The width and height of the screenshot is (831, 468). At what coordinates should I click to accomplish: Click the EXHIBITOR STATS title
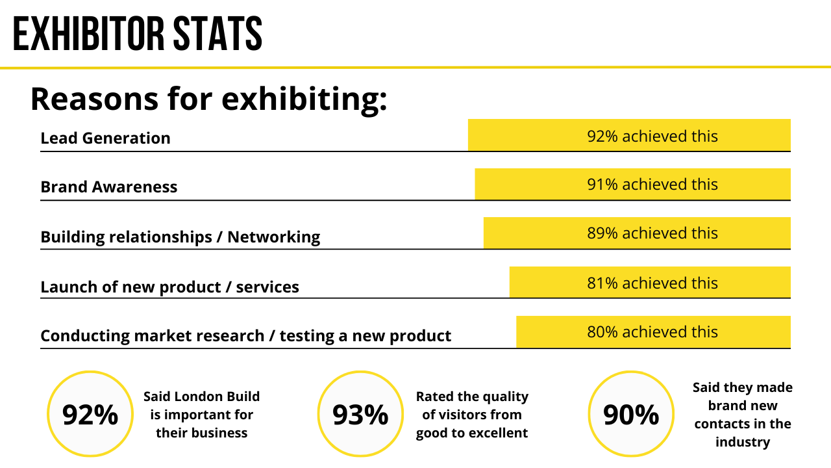pyautogui.click(x=138, y=34)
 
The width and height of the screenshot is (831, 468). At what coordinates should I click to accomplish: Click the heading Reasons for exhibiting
pyautogui.click(x=208, y=99)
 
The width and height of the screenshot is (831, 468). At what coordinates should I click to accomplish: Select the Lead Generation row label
pyautogui.click(x=105, y=138)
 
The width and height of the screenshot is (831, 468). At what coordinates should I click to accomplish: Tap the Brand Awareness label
pyautogui.click(x=108, y=187)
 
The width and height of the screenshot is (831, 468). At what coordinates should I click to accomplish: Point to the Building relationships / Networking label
pyautogui.click(x=180, y=237)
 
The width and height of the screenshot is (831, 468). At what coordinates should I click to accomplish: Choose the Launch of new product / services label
pyautogui.click(x=169, y=287)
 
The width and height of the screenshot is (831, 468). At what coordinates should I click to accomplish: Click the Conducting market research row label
pyautogui.click(x=245, y=335)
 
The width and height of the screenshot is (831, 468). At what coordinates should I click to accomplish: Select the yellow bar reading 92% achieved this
pyautogui.click(x=628, y=135)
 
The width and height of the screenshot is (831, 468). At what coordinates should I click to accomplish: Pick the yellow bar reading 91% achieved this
pyautogui.click(x=632, y=184)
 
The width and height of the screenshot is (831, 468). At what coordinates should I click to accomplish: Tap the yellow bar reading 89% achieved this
pyautogui.click(x=636, y=233)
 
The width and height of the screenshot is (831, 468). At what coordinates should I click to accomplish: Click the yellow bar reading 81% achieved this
pyautogui.click(x=649, y=282)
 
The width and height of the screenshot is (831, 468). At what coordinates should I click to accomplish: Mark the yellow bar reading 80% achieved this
pyautogui.click(x=652, y=331)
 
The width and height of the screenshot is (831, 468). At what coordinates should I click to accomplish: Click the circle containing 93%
pyautogui.click(x=360, y=414)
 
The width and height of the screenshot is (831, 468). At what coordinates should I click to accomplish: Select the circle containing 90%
pyautogui.click(x=630, y=414)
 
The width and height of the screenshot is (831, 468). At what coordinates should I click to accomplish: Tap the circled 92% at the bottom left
pyautogui.click(x=90, y=414)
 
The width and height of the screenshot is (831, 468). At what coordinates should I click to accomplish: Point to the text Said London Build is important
pyautogui.click(x=201, y=415)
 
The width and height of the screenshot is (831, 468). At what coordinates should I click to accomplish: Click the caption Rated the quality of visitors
pyautogui.click(x=472, y=415)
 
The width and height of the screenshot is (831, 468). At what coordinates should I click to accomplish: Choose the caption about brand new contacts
pyautogui.click(x=743, y=415)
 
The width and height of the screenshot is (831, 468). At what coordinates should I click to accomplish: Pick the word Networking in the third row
pyautogui.click(x=273, y=237)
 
